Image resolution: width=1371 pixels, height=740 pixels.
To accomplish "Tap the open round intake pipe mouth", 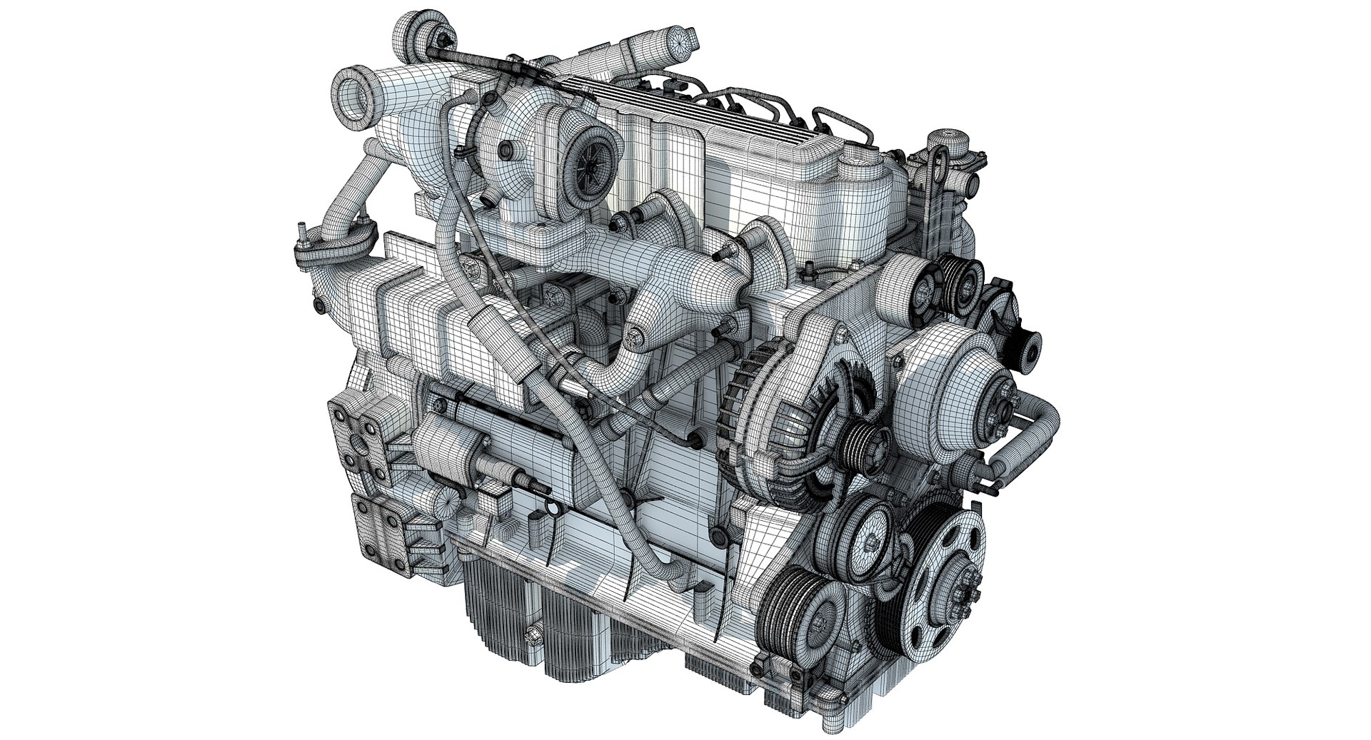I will [351, 91].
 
